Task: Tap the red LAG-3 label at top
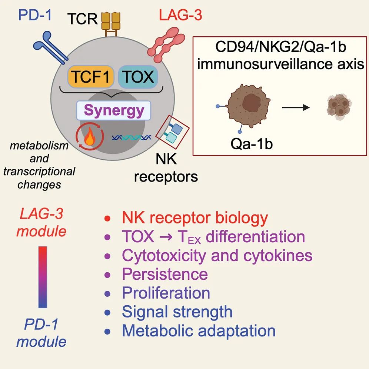coord(180,16)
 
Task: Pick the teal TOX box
coord(137,77)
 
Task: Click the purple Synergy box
coord(114,110)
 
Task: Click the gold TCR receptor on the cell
coord(111,24)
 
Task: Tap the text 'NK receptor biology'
coord(195,218)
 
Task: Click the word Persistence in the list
coord(165,274)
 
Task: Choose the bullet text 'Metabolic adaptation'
coord(199,330)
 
